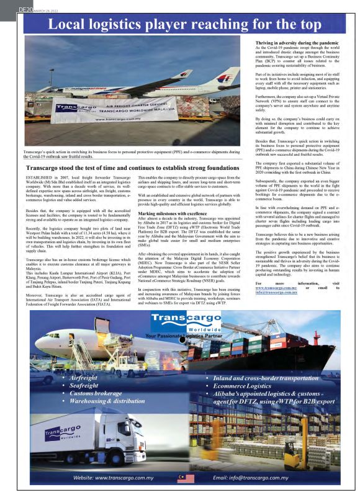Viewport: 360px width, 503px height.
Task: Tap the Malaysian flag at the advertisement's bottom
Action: point(182,478)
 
